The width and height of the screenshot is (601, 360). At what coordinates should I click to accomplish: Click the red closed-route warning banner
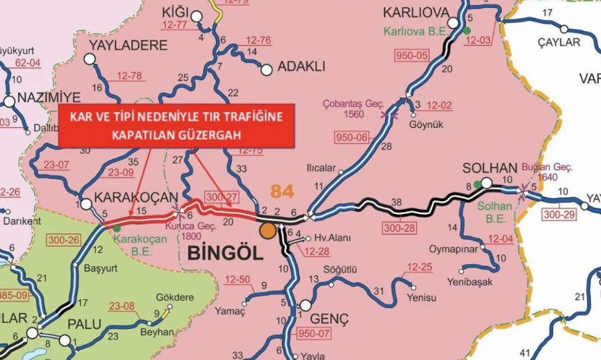pos(177,125)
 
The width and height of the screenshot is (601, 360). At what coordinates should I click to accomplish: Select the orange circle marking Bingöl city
pos(268,231)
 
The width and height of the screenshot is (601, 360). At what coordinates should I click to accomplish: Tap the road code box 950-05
pos(412,55)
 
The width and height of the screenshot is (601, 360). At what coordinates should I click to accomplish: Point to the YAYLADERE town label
pos(128,45)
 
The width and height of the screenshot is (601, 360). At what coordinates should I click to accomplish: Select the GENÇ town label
pos(329,319)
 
